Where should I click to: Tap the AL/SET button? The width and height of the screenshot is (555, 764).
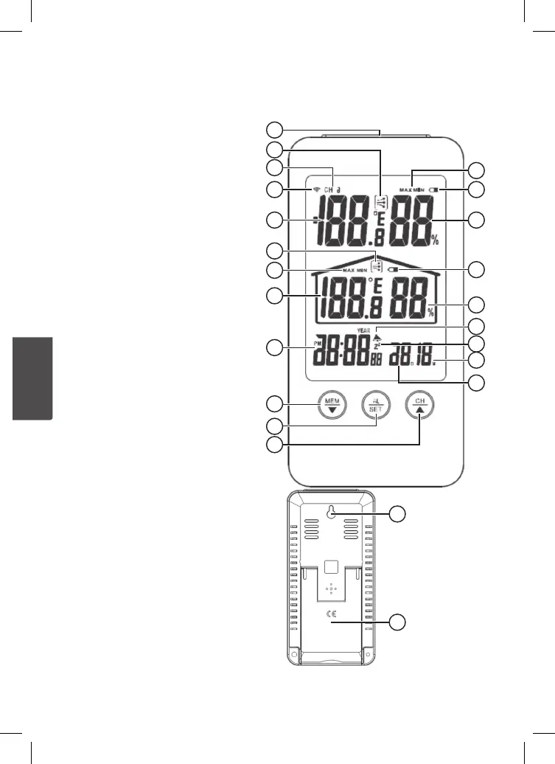(x=377, y=406)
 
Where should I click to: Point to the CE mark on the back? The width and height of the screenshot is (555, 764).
(x=332, y=614)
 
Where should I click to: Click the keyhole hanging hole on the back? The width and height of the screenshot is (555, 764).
(x=332, y=512)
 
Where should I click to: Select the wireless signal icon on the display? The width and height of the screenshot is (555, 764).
(x=316, y=190)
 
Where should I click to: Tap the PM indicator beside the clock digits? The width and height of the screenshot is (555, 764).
(x=318, y=344)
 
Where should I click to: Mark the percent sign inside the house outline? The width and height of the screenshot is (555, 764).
(x=431, y=313)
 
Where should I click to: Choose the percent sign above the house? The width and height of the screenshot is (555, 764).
(x=435, y=240)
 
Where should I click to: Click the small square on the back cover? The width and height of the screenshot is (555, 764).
(x=332, y=568)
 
